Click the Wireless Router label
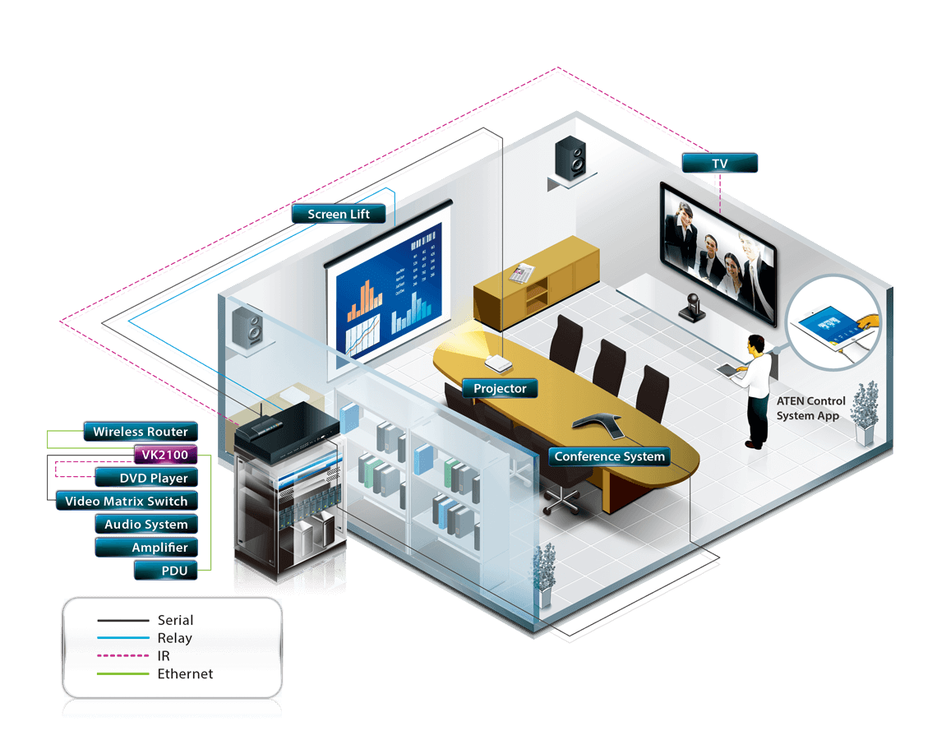point(140,432)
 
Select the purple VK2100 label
point(164,455)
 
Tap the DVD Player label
point(153,478)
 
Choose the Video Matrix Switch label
point(126,501)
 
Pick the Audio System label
point(145,524)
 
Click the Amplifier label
point(159,548)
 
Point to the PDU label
point(173,571)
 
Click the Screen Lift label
point(338,215)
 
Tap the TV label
point(719,164)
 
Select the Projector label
point(500,388)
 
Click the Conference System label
point(609,456)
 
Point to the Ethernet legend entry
point(185,673)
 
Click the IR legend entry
point(164,656)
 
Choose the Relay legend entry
point(174,638)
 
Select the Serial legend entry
point(175,620)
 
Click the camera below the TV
point(691,307)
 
